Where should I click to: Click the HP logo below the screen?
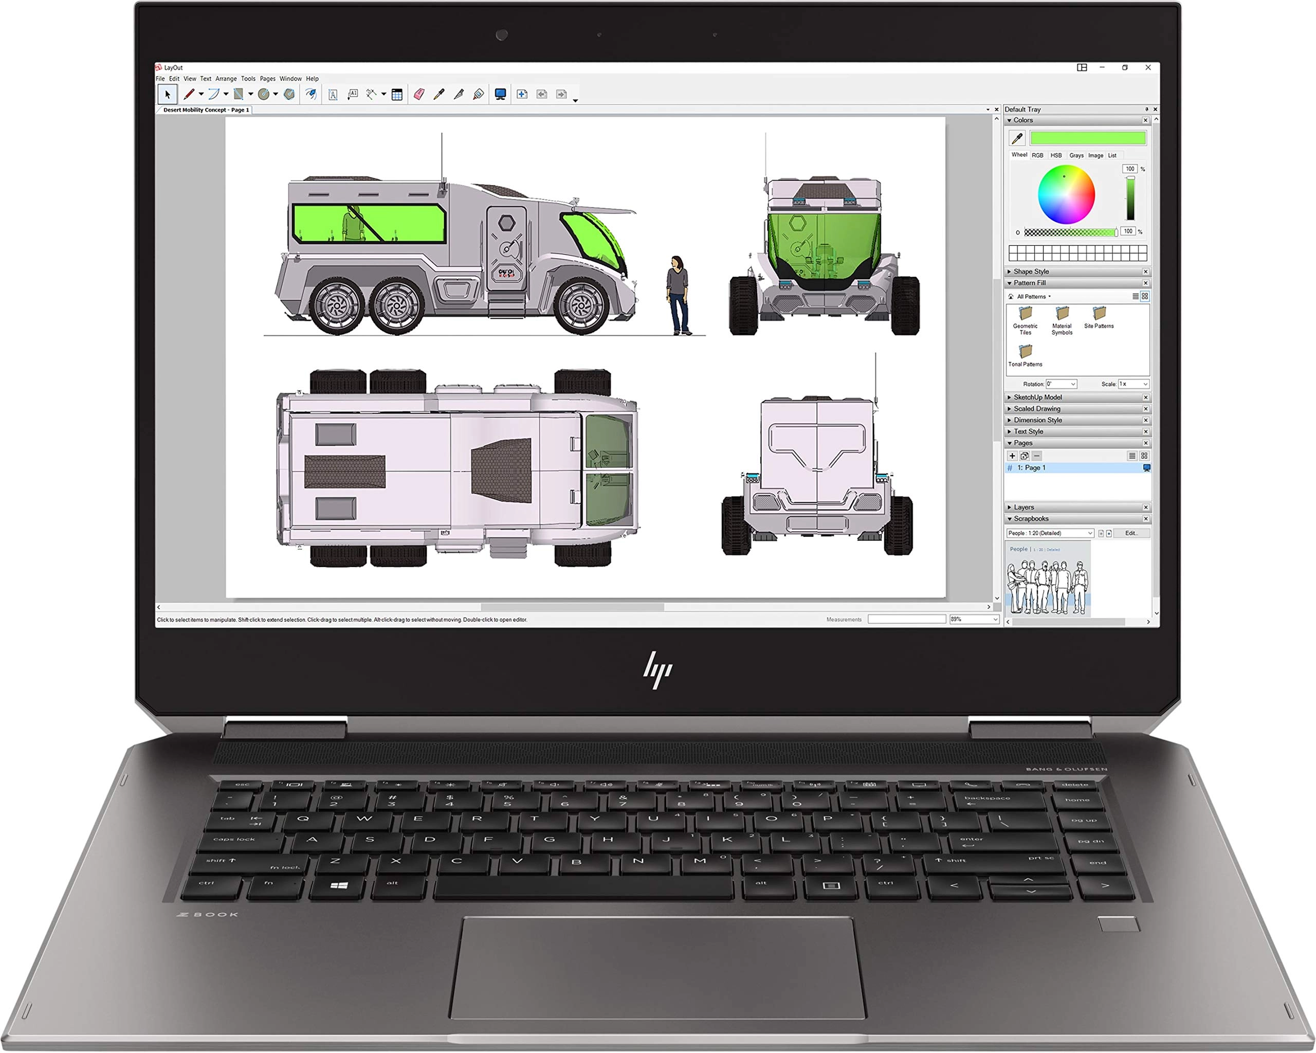657,669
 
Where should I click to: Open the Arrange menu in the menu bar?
226,79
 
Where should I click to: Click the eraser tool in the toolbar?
419,94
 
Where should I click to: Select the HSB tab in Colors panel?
1056,156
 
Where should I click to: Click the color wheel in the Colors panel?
1066,195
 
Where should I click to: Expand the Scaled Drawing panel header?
1036,409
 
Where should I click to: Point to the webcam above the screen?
502,35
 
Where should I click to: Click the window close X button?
1148,68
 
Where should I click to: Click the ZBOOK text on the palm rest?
208,914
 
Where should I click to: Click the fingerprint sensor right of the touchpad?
1119,923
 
